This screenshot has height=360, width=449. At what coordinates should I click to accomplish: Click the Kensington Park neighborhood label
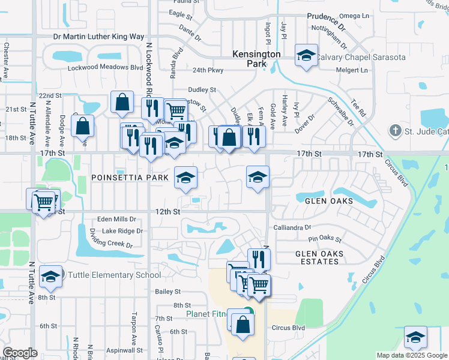click(257, 58)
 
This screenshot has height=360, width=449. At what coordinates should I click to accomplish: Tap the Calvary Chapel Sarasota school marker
click(306, 56)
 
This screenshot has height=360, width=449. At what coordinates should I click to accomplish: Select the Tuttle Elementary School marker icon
click(51, 276)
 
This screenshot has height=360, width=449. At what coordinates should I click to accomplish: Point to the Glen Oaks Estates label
click(319, 257)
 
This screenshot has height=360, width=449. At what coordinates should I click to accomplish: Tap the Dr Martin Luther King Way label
click(99, 37)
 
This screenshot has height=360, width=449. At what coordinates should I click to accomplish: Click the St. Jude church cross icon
click(395, 130)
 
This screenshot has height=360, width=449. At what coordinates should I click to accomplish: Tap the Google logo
click(20, 353)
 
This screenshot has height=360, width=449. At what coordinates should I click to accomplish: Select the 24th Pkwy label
click(208, 70)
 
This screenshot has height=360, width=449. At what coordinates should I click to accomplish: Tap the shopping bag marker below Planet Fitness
click(243, 325)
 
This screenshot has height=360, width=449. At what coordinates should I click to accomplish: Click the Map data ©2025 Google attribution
click(412, 355)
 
